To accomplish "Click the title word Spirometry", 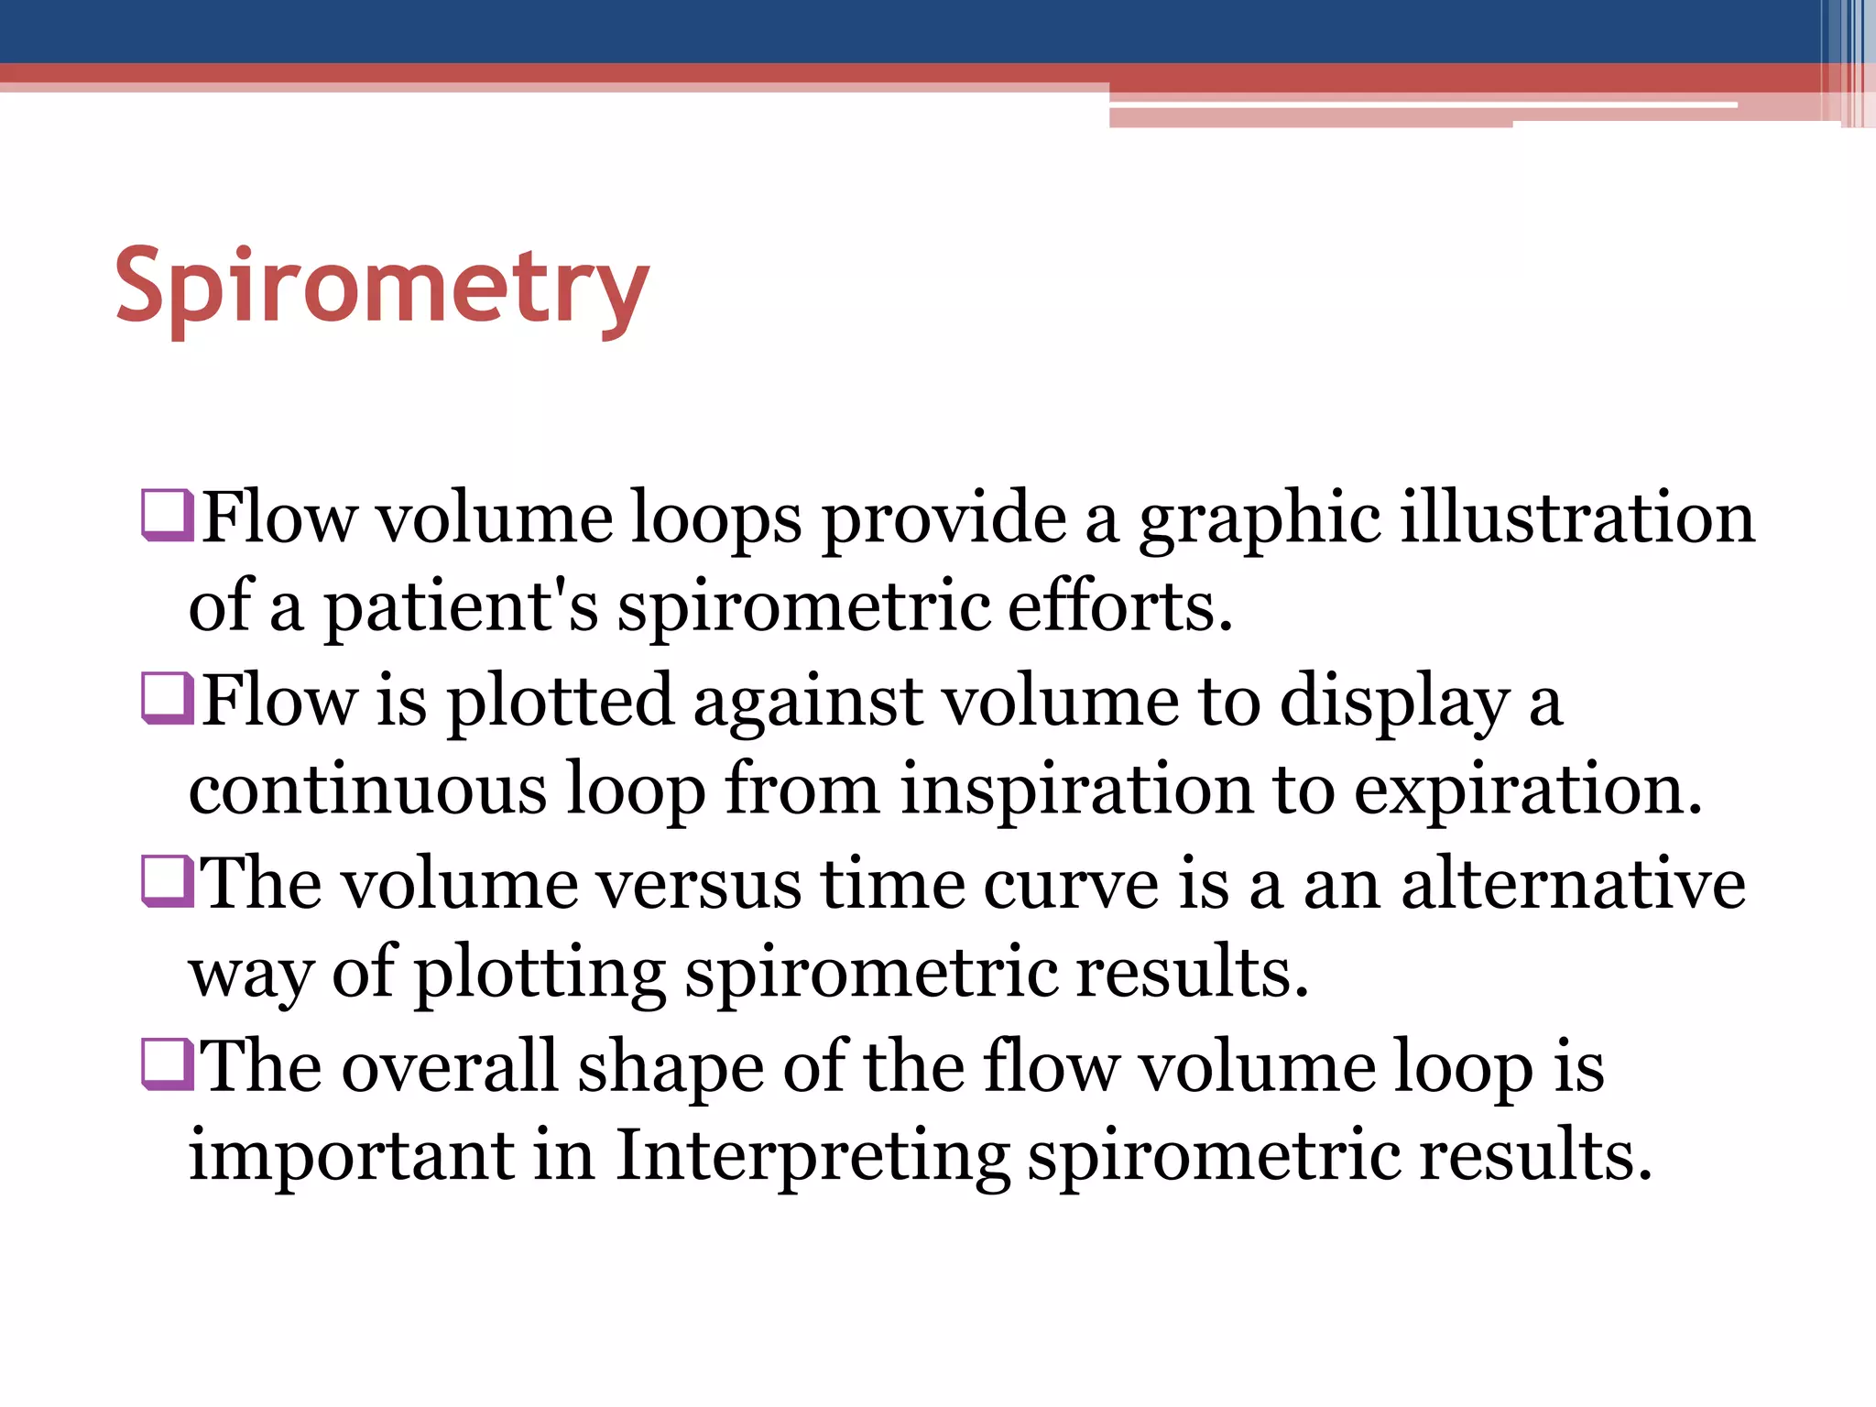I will tap(382, 288).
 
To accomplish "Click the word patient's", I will tap(461, 607).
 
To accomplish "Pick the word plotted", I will tap(560, 702).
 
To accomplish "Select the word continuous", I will tap(367, 789).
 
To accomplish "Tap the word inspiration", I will tap(1076, 789).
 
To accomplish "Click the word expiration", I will tap(1527, 789).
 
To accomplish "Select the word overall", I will tap(450, 1066).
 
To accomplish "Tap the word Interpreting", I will tap(813, 1156).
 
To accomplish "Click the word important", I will tap(351, 1156).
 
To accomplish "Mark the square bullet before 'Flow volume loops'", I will tap(168, 516).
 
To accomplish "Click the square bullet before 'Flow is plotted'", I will tap(168, 698).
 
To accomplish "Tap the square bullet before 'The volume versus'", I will tap(168, 880).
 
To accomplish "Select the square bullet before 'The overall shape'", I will tap(168, 1063).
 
